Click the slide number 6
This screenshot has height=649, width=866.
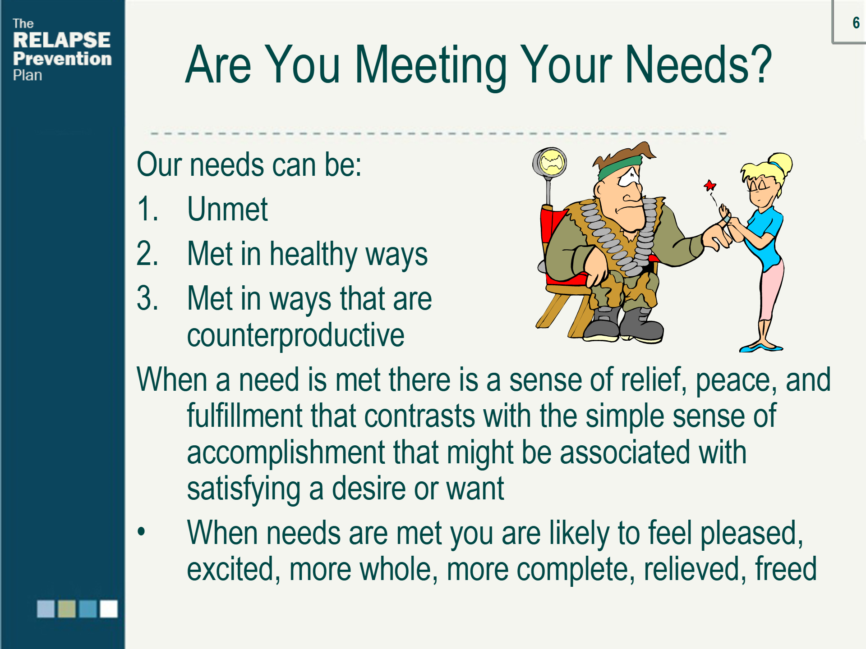point(856,23)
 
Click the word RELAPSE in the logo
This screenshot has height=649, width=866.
point(62,40)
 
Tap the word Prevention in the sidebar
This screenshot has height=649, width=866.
point(62,59)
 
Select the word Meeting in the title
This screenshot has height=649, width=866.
point(431,65)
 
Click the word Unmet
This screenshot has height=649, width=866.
point(227,209)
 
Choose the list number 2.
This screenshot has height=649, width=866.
point(147,254)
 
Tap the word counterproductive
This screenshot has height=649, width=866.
point(295,336)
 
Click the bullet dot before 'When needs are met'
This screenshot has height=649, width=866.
point(142,531)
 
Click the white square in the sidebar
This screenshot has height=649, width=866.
point(109,609)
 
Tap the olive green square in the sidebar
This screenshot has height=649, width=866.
point(67,609)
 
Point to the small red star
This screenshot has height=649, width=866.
point(710,185)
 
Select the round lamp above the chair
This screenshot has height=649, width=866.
point(550,162)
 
